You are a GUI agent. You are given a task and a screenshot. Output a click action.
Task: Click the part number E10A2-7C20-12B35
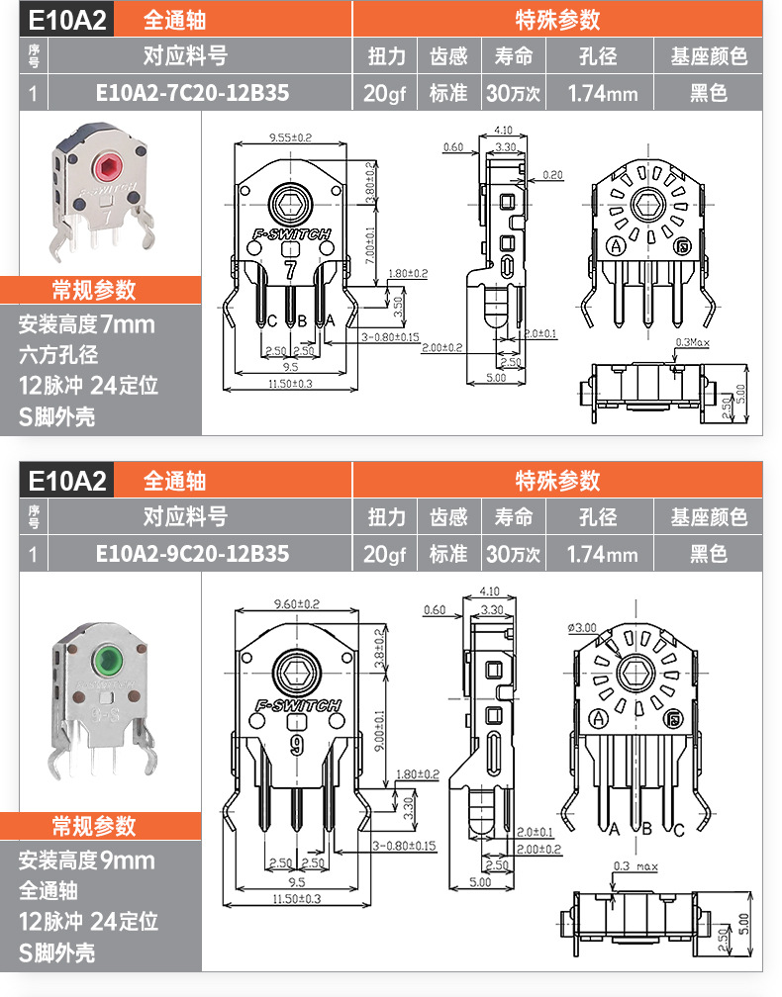click(192, 94)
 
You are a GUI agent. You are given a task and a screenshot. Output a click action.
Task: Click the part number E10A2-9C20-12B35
click(192, 553)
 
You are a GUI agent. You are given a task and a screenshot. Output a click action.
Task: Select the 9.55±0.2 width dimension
click(290, 136)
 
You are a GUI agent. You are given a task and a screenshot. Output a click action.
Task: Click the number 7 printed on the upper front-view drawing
click(290, 268)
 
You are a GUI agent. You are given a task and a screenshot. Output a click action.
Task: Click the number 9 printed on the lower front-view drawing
click(295, 745)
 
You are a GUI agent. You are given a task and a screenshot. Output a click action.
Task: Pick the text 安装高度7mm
click(86, 324)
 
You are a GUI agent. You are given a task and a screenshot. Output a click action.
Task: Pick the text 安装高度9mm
click(86, 860)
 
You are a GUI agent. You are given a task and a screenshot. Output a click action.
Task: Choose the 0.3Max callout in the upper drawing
click(693, 342)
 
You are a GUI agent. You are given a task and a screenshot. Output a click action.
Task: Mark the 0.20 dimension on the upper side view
click(552, 174)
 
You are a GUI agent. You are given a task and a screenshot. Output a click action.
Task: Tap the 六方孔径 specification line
click(58, 355)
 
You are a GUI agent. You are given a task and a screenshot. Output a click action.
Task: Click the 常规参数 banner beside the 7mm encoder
click(93, 290)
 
